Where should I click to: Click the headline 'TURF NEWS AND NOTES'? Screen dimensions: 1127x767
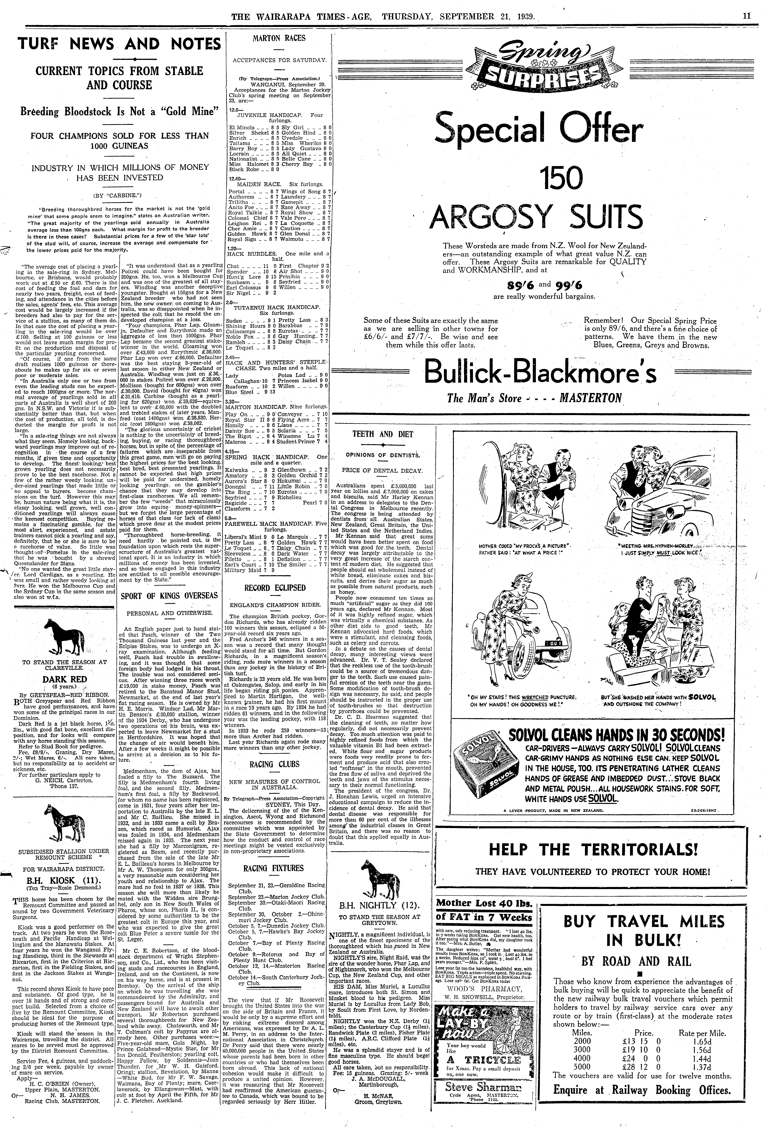pos(119,45)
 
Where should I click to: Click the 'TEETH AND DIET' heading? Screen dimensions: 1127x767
pos(383,434)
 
